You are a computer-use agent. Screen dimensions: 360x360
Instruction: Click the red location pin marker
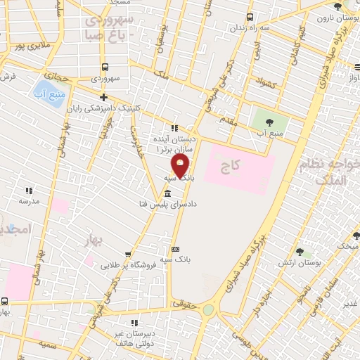coord(181,167)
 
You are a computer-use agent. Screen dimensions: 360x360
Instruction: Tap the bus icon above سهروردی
coord(105,67)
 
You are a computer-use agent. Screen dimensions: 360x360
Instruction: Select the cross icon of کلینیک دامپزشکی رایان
coord(104,97)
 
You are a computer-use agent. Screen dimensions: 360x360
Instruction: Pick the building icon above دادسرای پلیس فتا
coord(167,193)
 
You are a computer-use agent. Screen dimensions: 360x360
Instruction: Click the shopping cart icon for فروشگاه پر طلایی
coord(127,255)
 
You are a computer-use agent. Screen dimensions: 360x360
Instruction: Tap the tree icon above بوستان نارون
coord(338,6)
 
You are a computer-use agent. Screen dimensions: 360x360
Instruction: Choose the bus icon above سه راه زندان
coord(250,18)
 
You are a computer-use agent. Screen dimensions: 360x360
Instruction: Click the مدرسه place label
coord(29,200)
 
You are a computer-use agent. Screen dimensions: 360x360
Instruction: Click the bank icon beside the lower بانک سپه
coord(175,249)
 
